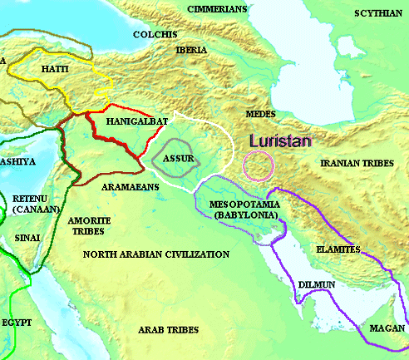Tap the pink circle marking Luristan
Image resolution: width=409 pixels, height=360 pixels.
(257, 165)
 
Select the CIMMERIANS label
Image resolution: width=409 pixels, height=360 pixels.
(218, 9)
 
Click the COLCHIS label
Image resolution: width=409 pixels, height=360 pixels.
(155, 34)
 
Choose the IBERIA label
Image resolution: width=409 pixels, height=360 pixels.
(191, 50)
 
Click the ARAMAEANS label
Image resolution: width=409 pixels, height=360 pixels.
(130, 188)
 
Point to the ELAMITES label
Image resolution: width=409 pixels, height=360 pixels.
(338, 249)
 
